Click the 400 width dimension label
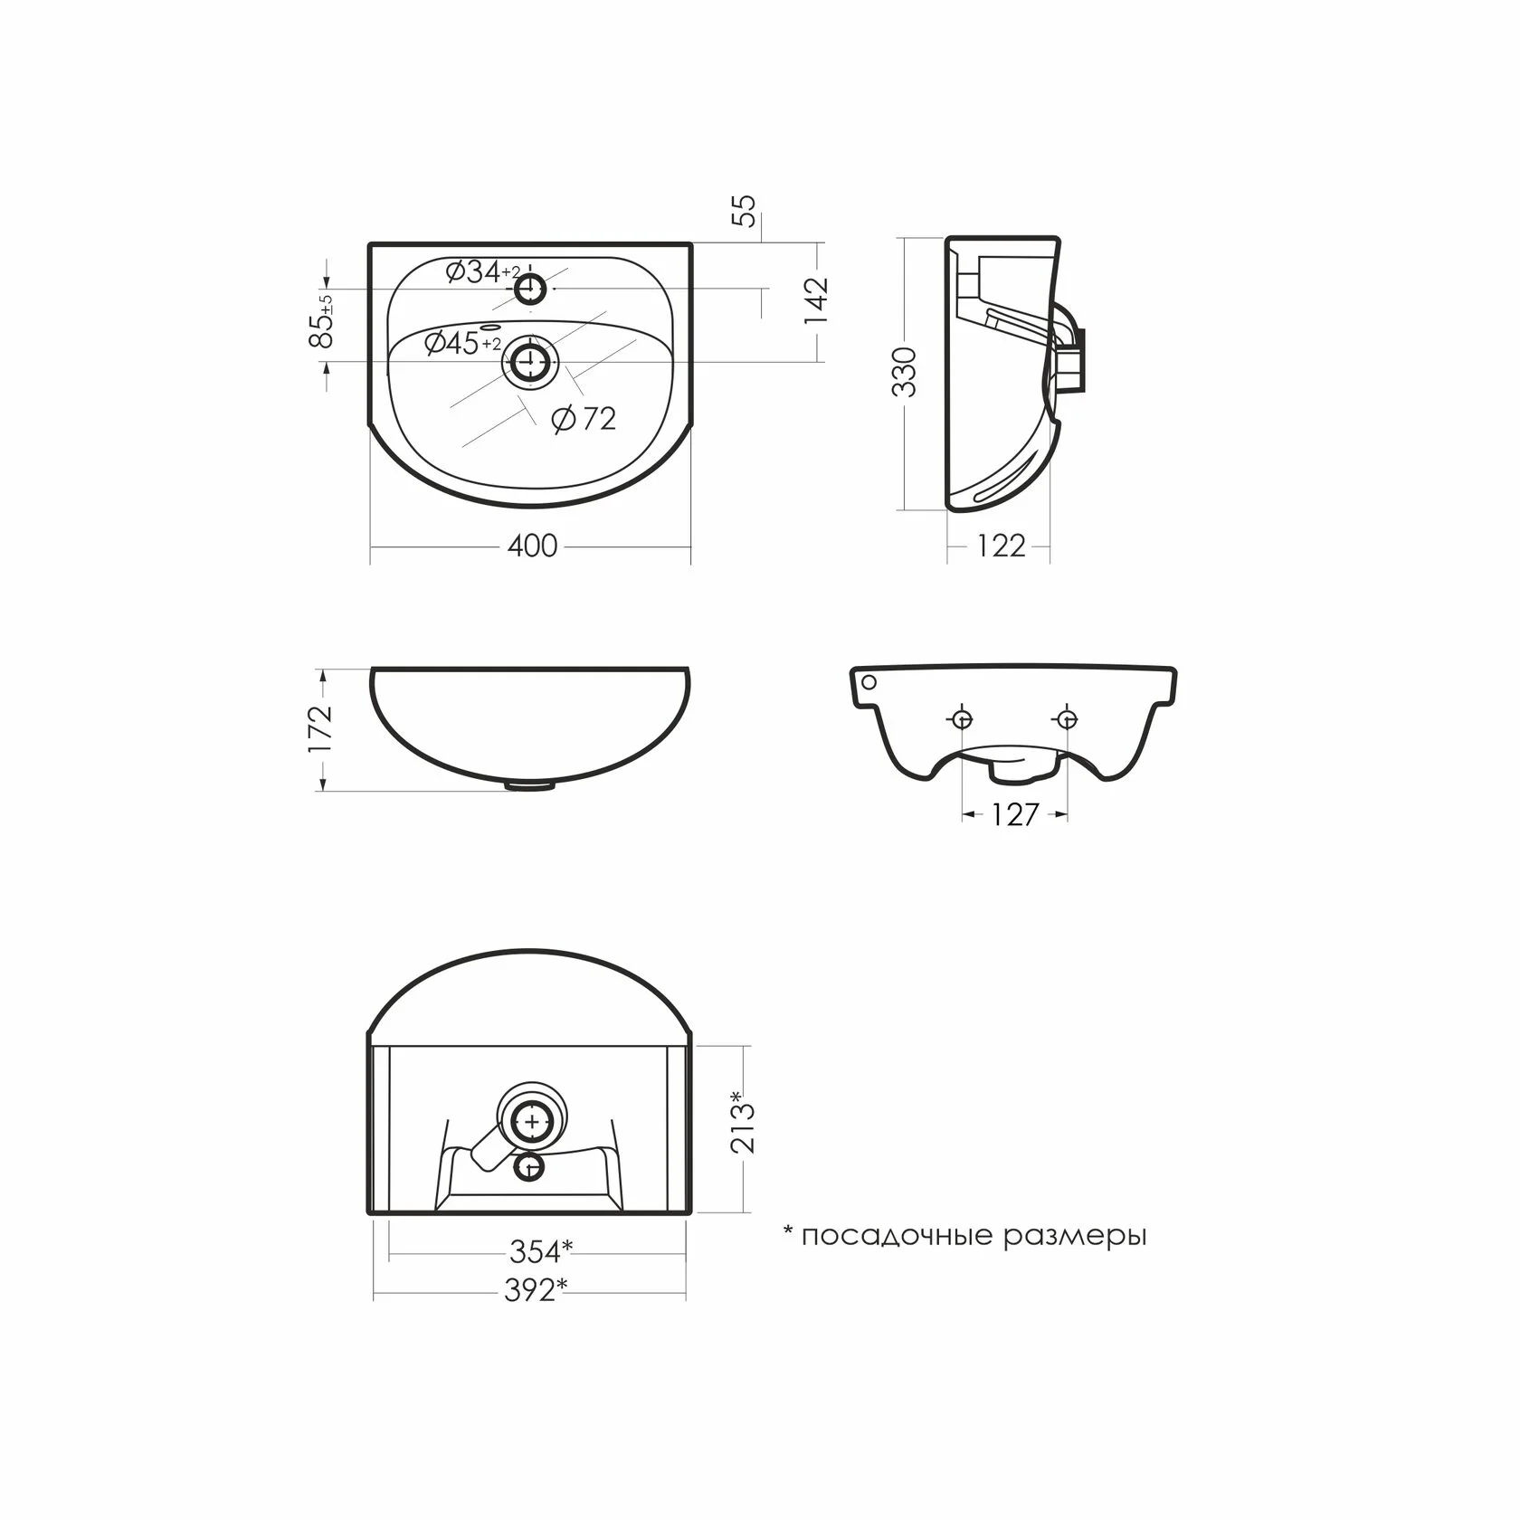pyautogui.click(x=532, y=546)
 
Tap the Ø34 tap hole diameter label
pyautogui.click(x=483, y=271)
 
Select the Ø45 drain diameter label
pyautogui.click(x=462, y=343)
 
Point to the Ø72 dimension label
pyautogui.click(x=584, y=418)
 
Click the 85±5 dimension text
pyautogui.click(x=321, y=321)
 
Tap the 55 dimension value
pyautogui.click(x=745, y=212)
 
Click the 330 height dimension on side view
pyautogui.click(x=905, y=372)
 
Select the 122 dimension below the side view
pyautogui.click(x=1002, y=546)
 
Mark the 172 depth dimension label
pyautogui.click(x=322, y=728)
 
